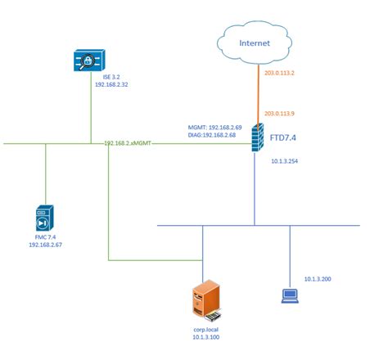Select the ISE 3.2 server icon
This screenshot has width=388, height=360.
(88, 61)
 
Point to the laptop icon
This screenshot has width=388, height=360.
(289, 295)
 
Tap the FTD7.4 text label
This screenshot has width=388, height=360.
(285, 139)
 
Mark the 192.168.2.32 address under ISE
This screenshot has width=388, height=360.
(88, 83)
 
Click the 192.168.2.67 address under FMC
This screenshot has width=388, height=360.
(45, 245)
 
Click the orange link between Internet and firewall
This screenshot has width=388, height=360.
(255, 94)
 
